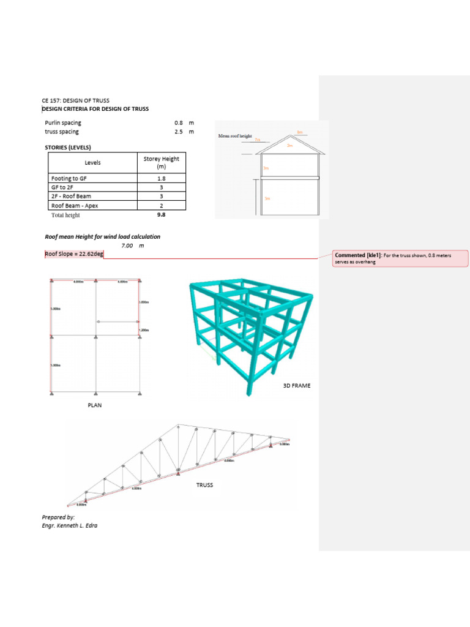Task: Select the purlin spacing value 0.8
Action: coord(179,122)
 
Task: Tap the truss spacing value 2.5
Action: coord(179,131)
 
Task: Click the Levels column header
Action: coord(92,163)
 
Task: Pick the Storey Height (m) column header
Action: coord(162,163)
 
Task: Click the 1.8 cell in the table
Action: coord(162,178)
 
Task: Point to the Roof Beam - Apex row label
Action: coord(75,206)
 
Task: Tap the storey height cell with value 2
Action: coord(162,206)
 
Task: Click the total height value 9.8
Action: coord(162,215)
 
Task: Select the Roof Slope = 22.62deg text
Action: coord(74,254)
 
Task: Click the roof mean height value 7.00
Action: coord(127,245)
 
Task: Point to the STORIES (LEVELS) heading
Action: coord(72,148)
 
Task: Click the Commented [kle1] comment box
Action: coord(400,258)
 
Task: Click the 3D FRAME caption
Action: coord(296,385)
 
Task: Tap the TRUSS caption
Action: coord(204,484)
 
